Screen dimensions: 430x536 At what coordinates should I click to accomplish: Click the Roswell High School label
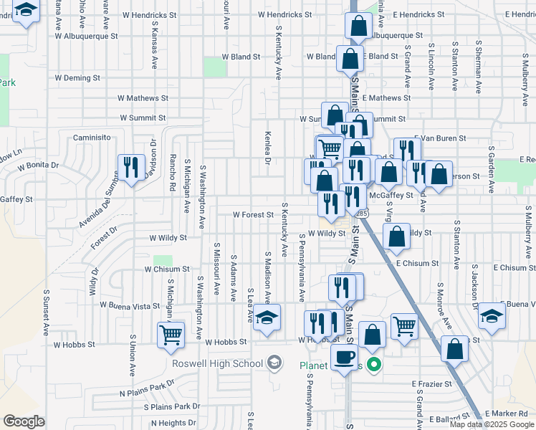(217, 363)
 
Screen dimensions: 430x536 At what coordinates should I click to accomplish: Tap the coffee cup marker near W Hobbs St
(344, 356)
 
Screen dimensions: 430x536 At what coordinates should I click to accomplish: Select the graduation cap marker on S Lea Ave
(267, 317)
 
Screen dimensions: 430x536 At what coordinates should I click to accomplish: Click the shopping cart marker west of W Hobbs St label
(171, 334)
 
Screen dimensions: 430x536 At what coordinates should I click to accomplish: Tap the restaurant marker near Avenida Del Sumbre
(130, 168)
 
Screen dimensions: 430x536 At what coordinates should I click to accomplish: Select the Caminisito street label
(95, 137)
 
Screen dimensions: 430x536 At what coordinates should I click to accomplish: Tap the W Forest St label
(253, 214)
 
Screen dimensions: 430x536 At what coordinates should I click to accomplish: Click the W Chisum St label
(166, 269)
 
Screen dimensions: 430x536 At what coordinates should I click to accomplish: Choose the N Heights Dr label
(163, 424)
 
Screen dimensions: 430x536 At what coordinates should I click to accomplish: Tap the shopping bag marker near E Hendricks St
(358, 26)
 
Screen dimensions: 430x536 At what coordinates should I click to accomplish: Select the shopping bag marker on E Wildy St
(396, 237)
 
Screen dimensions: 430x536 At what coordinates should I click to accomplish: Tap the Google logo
(24, 421)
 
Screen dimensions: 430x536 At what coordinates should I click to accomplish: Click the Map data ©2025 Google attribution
(491, 424)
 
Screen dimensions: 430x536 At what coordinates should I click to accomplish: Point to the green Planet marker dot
(373, 365)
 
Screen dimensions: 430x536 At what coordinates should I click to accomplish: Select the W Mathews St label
(143, 98)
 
